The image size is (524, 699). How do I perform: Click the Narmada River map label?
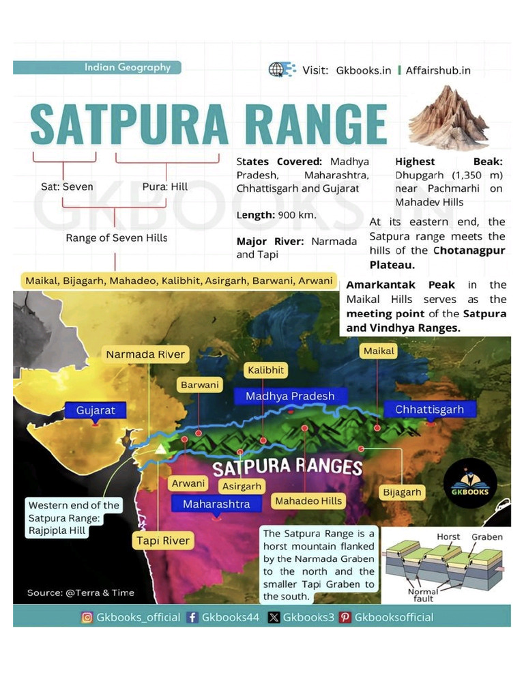[x=145, y=354]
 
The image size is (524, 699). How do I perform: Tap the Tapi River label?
[x=162, y=541]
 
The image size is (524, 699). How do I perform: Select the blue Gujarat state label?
[x=96, y=410]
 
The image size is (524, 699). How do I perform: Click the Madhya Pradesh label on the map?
[x=290, y=396]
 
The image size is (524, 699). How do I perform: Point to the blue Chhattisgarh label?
[x=429, y=410]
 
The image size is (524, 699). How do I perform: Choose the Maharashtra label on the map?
[x=216, y=504]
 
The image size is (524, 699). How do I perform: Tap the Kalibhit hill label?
[x=265, y=370]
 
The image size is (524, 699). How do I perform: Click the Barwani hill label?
[x=200, y=385]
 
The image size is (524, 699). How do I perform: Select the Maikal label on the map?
[x=379, y=351]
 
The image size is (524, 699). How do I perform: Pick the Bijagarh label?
[x=402, y=492]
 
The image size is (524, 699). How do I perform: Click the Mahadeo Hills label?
[x=308, y=501]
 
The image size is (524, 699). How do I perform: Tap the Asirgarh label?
[x=242, y=487]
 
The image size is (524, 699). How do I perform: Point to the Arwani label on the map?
[x=188, y=483]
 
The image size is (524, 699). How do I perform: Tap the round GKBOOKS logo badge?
[x=470, y=483]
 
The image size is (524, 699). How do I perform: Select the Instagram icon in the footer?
[x=87, y=617]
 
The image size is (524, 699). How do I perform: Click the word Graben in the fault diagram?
[x=487, y=537]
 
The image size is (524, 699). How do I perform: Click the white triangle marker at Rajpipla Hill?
[x=160, y=448]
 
